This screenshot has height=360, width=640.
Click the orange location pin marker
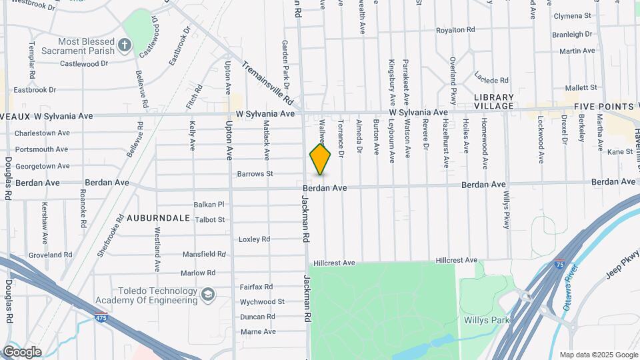pyautogui.click(x=321, y=159)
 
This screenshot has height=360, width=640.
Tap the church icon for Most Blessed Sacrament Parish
pyautogui.click(x=124, y=45)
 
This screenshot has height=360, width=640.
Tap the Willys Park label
pyautogui.click(x=486, y=320)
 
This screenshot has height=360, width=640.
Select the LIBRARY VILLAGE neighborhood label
pyautogui.click(x=494, y=101)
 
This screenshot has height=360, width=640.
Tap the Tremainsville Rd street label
pyautogui.click(x=267, y=83)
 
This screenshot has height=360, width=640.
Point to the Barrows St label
pyautogui.click(x=255, y=174)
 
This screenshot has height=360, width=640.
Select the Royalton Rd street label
pyautogui.click(x=455, y=30)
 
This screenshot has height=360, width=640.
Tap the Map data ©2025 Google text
pyautogui.click(x=597, y=355)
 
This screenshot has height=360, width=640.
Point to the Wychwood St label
pyautogui.click(x=262, y=301)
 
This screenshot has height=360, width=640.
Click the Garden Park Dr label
pyautogui.click(x=285, y=64)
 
